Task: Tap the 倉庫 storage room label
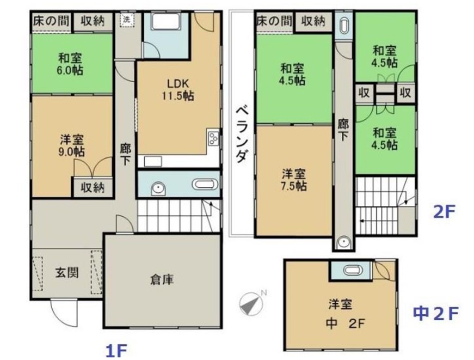[x=162, y=280]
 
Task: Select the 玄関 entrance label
[x=67, y=272]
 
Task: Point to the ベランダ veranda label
[x=243, y=135]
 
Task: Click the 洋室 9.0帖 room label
[x=72, y=146]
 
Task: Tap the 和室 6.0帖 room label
[x=70, y=64]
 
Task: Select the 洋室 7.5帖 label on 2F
[x=294, y=180]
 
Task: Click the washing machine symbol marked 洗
[x=127, y=20]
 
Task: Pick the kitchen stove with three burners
[x=213, y=138]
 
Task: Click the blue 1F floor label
[x=116, y=351]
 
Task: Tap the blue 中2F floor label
[x=435, y=313]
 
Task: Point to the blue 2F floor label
[x=444, y=212]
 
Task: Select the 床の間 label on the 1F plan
[x=51, y=21]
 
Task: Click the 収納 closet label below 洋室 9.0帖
[x=93, y=188]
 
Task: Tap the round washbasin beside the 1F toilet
[x=158, y=190]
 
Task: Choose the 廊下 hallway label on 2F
[x=343, y=130]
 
